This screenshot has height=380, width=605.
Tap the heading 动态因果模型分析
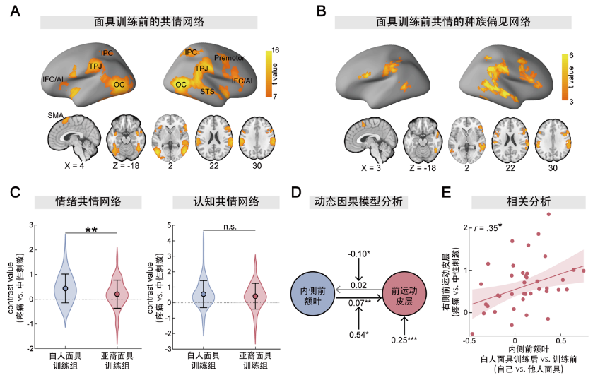(359, 202)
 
